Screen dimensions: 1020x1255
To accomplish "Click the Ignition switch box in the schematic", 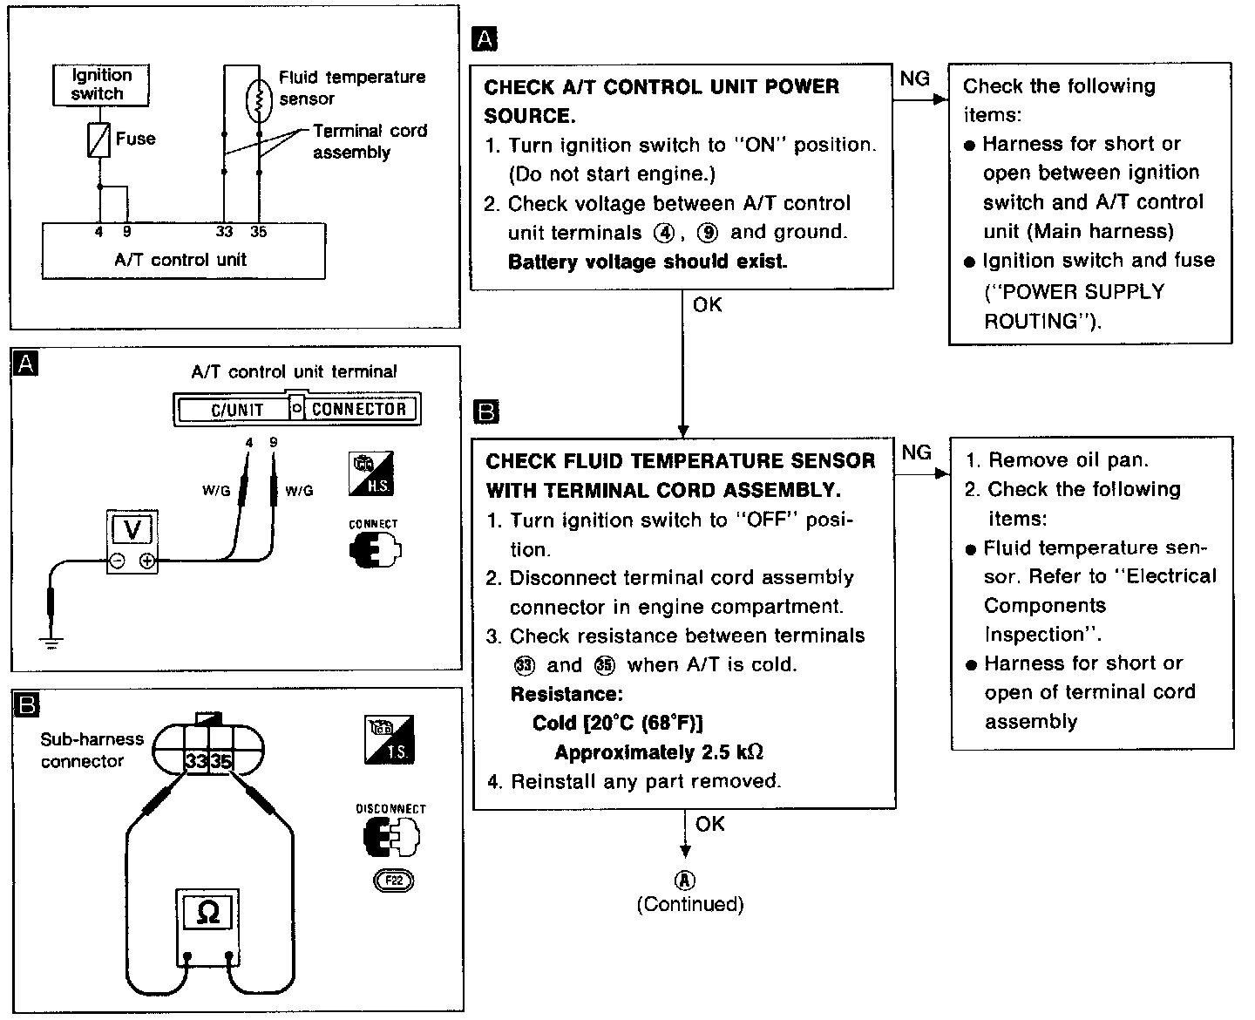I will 101,85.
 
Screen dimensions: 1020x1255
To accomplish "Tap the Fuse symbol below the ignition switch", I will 99,139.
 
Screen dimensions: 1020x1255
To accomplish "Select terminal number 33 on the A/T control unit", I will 225,232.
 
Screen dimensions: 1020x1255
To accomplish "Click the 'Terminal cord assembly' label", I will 370,141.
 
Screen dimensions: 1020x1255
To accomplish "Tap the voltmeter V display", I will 132,530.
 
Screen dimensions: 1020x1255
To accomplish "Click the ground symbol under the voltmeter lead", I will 52,643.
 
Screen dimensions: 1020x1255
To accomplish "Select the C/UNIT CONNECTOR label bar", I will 297,409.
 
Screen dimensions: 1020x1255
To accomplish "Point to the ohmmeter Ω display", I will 207,912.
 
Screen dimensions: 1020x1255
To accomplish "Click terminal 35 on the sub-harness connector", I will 221,761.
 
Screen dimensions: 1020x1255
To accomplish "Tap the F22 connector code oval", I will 393,881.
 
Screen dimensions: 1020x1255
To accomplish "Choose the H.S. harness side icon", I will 371,473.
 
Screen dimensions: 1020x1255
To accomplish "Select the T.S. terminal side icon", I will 389,738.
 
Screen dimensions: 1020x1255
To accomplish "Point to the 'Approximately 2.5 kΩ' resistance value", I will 659,752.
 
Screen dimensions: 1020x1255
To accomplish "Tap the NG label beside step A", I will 914,78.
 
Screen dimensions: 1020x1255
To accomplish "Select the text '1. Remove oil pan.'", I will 1056,460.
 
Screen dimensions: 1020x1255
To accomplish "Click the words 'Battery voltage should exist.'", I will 648,262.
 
